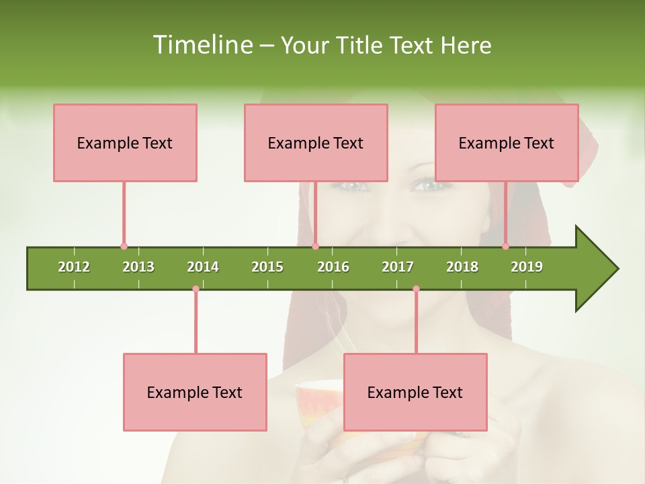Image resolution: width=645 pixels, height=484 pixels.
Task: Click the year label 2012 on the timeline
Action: click(74, 267)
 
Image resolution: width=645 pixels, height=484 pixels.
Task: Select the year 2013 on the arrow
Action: click(138, 267)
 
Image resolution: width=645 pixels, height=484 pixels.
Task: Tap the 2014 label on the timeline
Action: click(203, 267)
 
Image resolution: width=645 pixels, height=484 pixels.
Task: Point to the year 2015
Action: click(267, 267)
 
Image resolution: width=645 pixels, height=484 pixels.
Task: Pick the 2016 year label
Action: click(333, 267)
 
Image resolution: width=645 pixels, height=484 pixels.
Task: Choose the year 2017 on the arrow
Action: click(398, 267)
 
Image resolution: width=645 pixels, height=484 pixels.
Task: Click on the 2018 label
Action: click(462, 267)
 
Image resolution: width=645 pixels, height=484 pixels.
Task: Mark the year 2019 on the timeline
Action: click(527, 267)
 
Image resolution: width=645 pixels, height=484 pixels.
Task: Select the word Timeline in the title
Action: click(202, 45)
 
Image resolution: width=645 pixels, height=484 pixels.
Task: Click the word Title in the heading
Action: click(359, 45)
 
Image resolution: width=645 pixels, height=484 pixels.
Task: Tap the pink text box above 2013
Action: click(125, 143)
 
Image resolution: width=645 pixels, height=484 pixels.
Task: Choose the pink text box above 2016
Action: click(316, 143)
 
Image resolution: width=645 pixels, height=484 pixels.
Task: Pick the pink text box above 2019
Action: click(507, 143)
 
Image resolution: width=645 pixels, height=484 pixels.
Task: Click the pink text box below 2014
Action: click(195, 392)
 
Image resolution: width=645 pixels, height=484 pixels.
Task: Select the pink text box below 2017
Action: click(415, 392)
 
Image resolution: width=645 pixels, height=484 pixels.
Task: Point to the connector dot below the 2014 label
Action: click(196, 289)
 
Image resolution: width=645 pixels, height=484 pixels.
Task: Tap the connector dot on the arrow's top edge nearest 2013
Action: click(124, 247)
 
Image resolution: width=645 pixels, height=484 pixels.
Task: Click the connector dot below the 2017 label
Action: click(416, 289)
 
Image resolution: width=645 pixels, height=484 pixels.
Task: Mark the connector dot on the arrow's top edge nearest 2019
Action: click(506, 247)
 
